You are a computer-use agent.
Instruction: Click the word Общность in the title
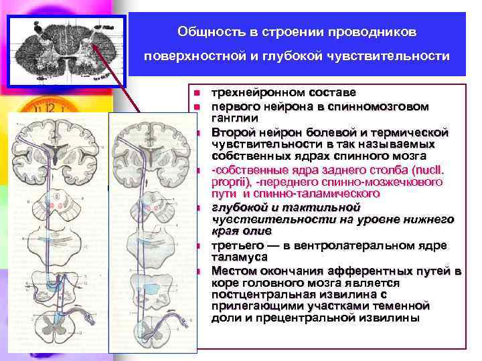204,31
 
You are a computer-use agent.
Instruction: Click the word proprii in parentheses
228,180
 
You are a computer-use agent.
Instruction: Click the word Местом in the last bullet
234,270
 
